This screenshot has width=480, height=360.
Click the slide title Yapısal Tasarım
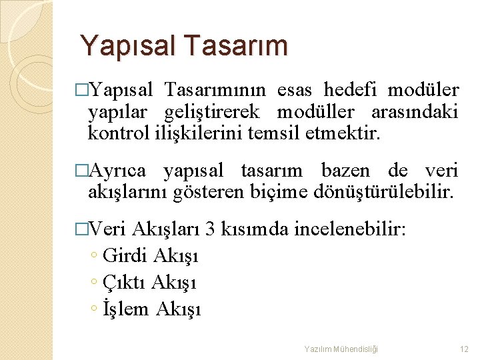pos(184,46)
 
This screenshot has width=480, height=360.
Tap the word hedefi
pos(351,90)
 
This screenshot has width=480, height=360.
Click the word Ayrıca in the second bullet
pos(121,171)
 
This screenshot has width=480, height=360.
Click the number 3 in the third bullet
pos(210,231)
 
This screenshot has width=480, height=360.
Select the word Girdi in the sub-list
pos(127,256)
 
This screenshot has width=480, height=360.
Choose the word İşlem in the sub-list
pos(127,309)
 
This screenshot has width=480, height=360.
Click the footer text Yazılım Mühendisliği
pos(341,349)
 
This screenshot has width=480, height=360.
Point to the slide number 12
pos(465,349)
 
